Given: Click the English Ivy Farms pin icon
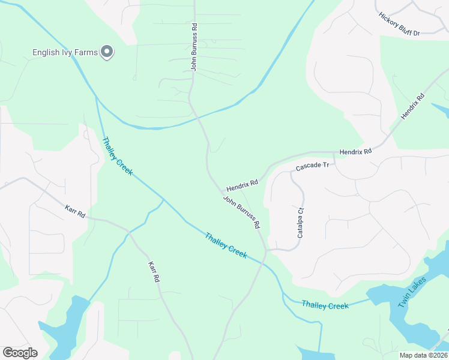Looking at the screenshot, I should [x=107, y=52].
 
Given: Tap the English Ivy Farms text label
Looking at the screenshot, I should [x=65, y=53].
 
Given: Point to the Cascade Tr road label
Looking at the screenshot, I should [x=312, y=165].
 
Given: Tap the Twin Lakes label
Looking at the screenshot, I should [x=412, y=293].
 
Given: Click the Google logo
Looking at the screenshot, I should [x=20, y=353].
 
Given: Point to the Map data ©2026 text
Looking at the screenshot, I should [x=423, y=355].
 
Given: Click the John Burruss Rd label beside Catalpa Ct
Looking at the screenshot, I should [x=241, y=212].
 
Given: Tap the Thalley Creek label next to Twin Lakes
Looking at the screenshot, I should [x=325, y=305].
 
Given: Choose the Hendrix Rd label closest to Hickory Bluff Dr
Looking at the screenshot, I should [x=413, y=106].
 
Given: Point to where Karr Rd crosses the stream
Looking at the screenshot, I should [x=127, y=232].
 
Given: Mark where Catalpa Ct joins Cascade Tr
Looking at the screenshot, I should [x=292, y=173].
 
